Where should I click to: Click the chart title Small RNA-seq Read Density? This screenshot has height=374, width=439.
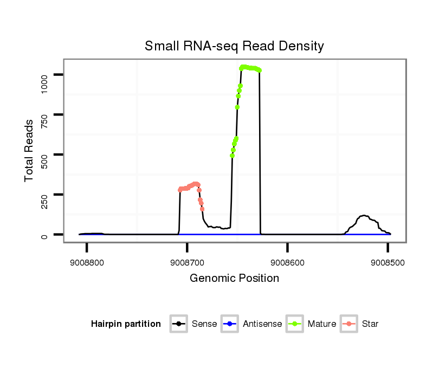tap(234, 46)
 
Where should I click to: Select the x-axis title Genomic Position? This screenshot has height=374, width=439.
tap(234, 279)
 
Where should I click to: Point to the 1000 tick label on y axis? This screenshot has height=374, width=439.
tap(44, 75)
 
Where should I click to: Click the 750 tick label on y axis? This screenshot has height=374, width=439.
tap(44, 115)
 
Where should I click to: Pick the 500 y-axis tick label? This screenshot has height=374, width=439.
tap(44, 155)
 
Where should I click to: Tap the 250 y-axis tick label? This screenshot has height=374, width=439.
tap(44, 195)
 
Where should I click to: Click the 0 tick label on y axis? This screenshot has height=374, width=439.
tap(44, 235)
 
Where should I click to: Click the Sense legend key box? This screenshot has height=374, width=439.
tap(179, 324)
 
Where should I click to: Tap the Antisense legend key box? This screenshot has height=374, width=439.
tap(230, 324)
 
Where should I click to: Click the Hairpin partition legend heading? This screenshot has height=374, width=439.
tap(126, 324)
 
